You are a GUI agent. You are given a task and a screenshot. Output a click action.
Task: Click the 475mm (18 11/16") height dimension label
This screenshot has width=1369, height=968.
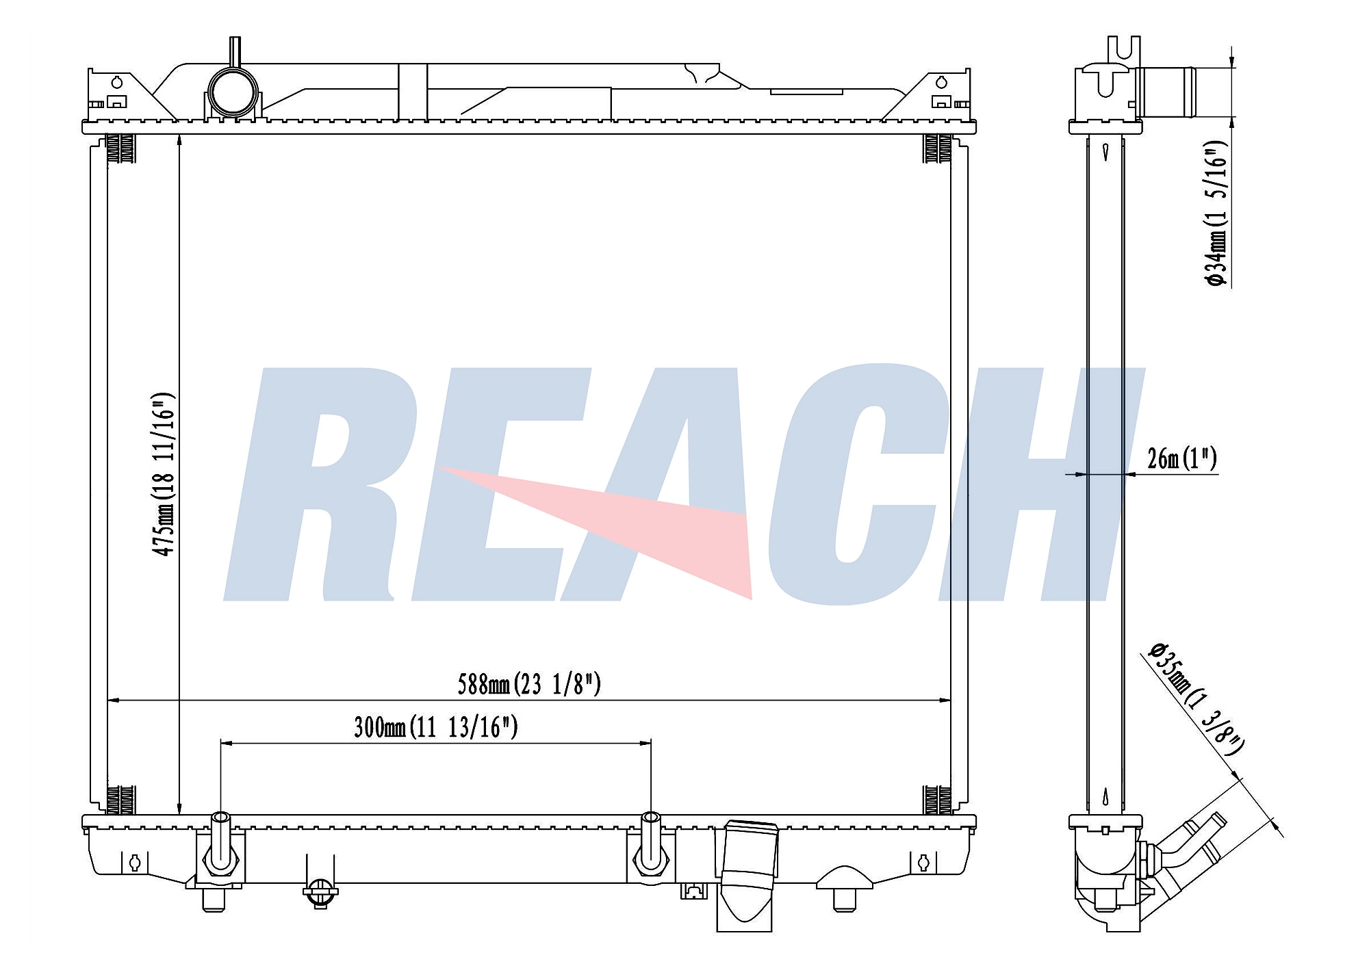164,474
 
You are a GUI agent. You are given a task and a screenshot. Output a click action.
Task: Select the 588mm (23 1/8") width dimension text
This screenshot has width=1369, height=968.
529,683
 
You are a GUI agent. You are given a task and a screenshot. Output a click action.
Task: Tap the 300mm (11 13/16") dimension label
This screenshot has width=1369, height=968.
435,727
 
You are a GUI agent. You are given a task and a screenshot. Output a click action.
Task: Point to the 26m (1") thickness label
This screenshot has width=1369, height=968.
1182,458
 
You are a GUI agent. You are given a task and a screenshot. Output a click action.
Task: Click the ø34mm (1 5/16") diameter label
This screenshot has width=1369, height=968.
1216,218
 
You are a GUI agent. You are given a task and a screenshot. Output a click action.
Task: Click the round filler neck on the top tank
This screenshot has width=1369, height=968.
233,92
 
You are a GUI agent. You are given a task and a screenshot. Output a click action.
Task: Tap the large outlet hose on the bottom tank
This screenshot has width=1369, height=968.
745,876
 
